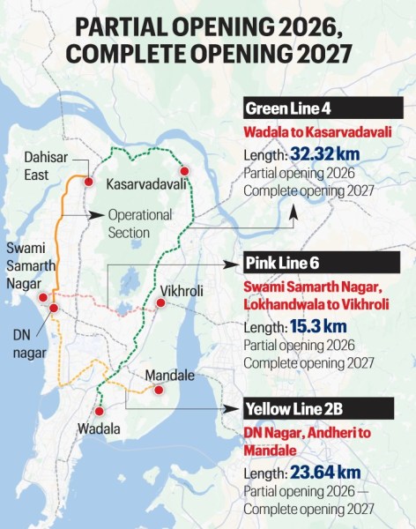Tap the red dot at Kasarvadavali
click(x=184, y=170)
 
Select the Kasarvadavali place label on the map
click(x=146, y=186)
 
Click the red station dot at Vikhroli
click(x=160, y=302)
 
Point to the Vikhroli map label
click(x=182, y=288)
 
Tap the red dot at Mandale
click(x=158, y=390)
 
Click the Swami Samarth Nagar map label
click(x=29, y=264)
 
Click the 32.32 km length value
click(x=327, y=153)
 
